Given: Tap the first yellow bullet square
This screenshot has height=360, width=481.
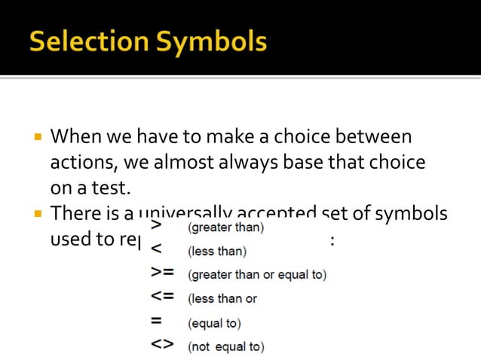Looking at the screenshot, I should pyautogui.click(x=35, y=139).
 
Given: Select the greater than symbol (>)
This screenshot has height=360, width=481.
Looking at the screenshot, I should pyautogui.click(x=156, y=225).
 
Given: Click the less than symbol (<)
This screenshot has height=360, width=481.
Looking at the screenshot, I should pyautogui.click(x=156, y=249).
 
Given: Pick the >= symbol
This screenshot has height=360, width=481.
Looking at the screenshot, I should pyautogui.click(x=161, y=273).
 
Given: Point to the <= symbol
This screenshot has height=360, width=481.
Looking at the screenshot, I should pyautogui.click(x=161, y=297).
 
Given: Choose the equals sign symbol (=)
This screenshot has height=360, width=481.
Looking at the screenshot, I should pyautogui.click(x=156, y=322).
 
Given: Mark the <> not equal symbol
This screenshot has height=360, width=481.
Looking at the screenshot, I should pyautogui.click(x=161, y=346).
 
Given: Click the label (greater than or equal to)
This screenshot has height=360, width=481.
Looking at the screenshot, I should pyautogui.click(x=257, y=275).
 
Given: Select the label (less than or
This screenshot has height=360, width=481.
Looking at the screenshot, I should pyautogui.click(x=222, y=299).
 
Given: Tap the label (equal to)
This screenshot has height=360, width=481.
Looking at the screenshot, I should pyautogui.click(x=214, y=323).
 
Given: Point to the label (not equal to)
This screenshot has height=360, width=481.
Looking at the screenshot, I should pyautogui.click(x=225, y=347).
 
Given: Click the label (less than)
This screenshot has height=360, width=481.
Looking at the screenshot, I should pyautogui.click(x=217, y=251).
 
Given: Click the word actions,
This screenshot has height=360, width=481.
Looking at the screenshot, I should pyautogui.click(x=80, y=162).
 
